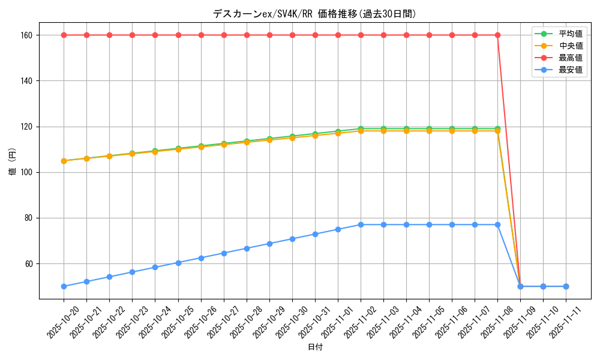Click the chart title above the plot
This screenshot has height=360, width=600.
314,14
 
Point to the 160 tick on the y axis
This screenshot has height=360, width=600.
26,35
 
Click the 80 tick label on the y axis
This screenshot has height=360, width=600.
28,218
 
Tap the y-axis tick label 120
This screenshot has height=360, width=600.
26,127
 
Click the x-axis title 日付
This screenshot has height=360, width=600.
314,347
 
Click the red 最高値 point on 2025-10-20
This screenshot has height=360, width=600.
64,35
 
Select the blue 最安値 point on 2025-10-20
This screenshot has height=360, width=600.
64,286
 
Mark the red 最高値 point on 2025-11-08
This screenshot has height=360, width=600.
497,35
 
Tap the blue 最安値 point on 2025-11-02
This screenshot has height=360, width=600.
361,224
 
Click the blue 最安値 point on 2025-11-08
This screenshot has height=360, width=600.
497,224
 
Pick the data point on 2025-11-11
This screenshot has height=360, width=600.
566,286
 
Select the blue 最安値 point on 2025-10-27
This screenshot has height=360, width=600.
224,253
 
